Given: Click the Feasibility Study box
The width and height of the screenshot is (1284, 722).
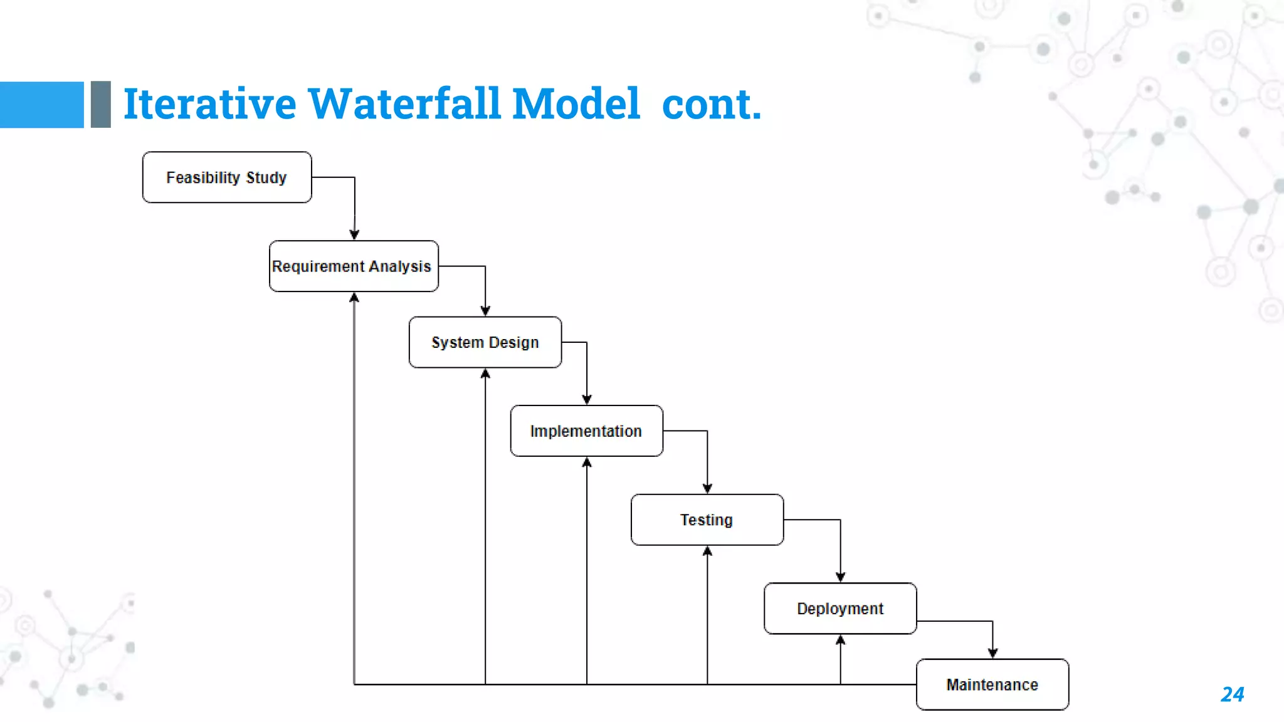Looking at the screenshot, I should coord(227,177).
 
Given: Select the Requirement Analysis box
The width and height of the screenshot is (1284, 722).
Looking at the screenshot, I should coord(354,266).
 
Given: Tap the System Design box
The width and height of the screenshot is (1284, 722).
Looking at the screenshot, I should coord(485,342).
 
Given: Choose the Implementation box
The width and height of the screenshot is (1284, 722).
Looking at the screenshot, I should coord(586,431).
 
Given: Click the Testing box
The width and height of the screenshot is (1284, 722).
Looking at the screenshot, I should coord(707,520).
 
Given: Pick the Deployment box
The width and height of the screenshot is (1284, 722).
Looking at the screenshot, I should coord(840,609).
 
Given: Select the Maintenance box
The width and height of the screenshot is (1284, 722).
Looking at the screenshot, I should coord(992,684).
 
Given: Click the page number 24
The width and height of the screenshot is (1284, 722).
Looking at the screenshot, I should coord(1232,694).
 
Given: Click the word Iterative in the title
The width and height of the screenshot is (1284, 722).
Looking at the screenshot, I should coord(209,104).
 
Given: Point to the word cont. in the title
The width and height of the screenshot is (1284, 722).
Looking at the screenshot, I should coord(711,104).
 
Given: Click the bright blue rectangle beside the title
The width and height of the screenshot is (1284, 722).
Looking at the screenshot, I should coord(41,105).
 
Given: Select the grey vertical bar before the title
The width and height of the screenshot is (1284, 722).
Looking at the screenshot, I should coord(101,105).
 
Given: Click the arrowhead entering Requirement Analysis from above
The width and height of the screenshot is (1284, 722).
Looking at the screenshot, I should coord(354,235).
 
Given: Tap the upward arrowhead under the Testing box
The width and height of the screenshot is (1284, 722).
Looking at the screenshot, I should coord(707,551).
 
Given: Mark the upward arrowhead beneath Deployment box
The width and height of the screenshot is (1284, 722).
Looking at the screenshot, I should coord(840,640).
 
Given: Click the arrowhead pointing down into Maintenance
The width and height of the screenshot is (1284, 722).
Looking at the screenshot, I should coord(992,653).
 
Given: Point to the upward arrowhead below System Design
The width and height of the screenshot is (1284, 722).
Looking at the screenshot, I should coord(485,374).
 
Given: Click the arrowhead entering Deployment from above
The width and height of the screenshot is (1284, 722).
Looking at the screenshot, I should coord(840,577).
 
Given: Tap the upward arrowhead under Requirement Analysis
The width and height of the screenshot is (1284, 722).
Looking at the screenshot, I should coord(354,298).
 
